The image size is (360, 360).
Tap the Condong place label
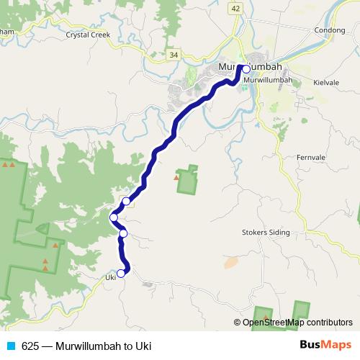[330, 30]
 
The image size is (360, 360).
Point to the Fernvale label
[311, 157]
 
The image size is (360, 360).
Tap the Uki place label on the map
[110, 277]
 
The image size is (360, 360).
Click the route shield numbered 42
[236, 7]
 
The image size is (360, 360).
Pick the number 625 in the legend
[30, 346]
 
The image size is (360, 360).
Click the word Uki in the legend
[143, 346]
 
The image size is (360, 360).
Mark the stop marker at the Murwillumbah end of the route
[246, 69]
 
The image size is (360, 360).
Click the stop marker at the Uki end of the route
[121, 273]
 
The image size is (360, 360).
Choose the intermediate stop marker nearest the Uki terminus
[123, 233]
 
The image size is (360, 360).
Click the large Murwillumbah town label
[249, 68]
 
